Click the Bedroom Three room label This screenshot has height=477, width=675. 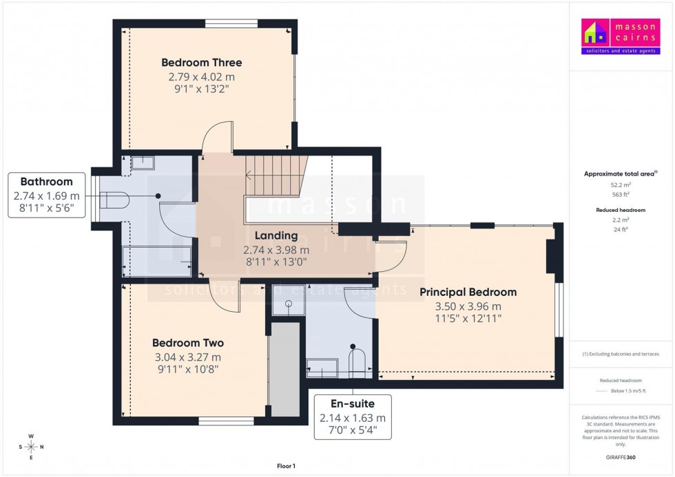tap(201, 63)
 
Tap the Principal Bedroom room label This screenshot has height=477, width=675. tap(468, 292)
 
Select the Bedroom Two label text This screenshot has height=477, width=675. tap(187, 343)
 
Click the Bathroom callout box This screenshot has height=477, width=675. tap(47, 196)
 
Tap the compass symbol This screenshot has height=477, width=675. tap(32, 446)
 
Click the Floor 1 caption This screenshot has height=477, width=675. tap(285, 466)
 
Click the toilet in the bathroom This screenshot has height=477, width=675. tap(114, 200)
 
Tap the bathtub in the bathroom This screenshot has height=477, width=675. tap(156, 262)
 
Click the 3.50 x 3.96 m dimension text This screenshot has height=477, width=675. tap(468, 306)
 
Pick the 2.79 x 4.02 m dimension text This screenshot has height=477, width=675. tap(201, 76)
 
